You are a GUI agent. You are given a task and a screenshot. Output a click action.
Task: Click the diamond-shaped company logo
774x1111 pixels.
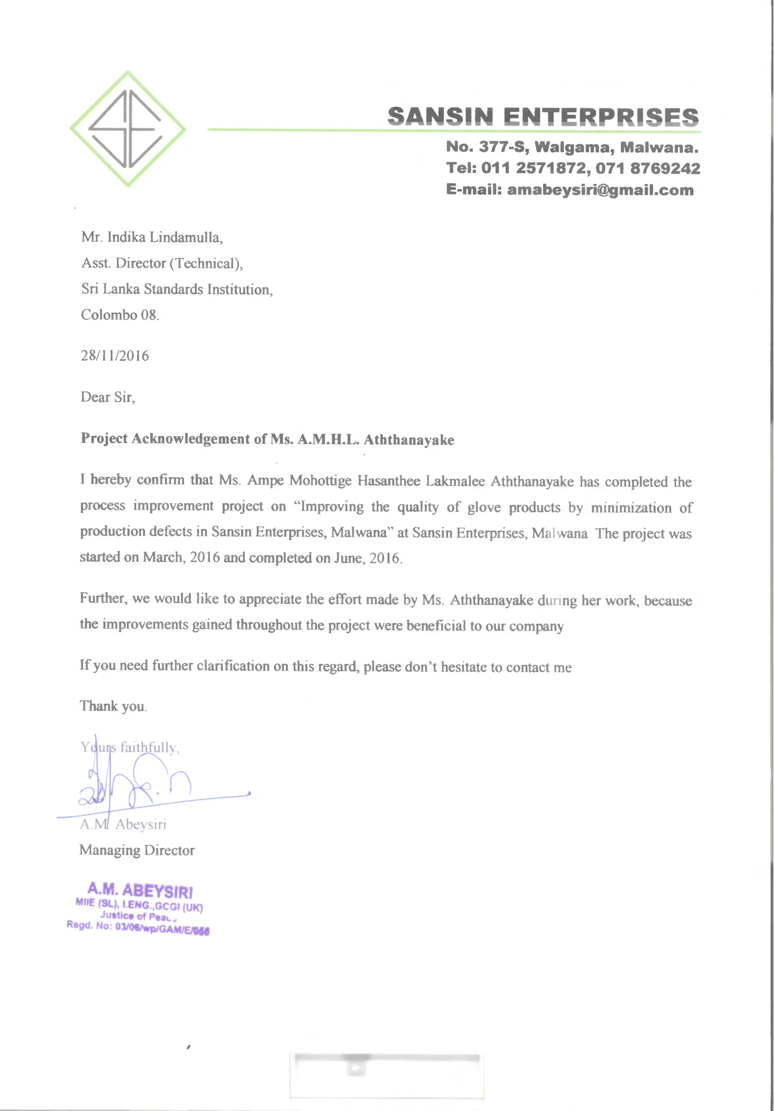click(x=128, y=129)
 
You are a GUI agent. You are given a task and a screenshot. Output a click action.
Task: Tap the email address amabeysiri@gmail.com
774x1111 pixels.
click(x=600, y=190)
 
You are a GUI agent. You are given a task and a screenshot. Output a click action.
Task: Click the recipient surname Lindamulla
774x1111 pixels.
click(x=186, y=237)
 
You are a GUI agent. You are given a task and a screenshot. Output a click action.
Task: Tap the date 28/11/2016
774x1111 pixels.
click(x=115, y=356)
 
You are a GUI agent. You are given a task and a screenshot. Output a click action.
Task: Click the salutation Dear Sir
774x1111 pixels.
click(x=108, y=397)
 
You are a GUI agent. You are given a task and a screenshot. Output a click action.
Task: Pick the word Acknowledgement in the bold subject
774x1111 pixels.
click(x=191, y=438)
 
